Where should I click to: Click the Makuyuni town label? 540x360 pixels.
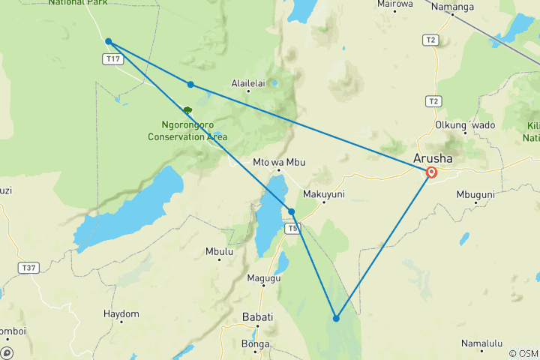pos(322,193)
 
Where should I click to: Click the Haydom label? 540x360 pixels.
pos(121,313)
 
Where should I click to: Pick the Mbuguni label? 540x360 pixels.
pos(475,193)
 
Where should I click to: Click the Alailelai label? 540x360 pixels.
pos(249,83)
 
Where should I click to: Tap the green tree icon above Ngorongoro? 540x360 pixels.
pos(187,110)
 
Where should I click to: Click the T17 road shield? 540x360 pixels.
pos(113,58)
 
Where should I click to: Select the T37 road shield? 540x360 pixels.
pos(29,267)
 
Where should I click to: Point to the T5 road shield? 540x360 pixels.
pos(293,228)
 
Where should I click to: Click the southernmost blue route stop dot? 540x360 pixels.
pos(336,319)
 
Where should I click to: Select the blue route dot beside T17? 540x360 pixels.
pos(109,41)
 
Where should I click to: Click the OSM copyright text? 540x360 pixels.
pos(523,353)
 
